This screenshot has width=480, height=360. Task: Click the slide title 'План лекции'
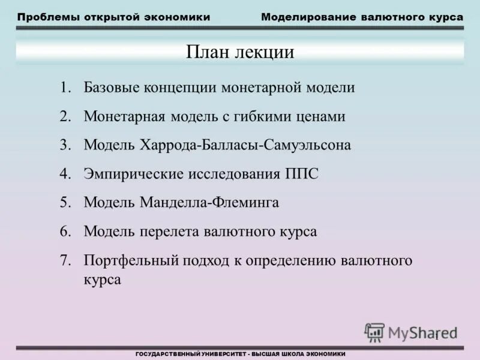point(240,52)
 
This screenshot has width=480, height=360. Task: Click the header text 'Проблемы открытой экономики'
point(113,17)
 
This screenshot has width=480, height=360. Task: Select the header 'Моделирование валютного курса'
point(362,17)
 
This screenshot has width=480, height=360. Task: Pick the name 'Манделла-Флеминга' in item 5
point(209,203)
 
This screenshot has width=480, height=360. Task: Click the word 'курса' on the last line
point(103,280)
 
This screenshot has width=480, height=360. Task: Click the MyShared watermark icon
point(375,332)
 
